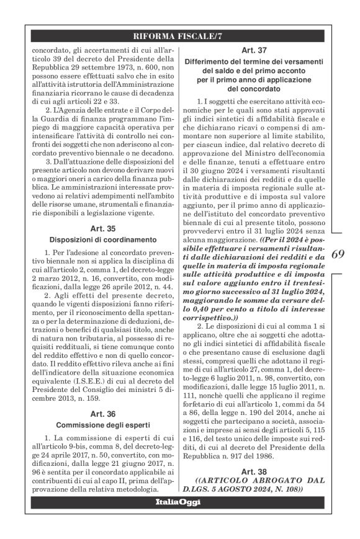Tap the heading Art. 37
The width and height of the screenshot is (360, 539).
261,51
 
